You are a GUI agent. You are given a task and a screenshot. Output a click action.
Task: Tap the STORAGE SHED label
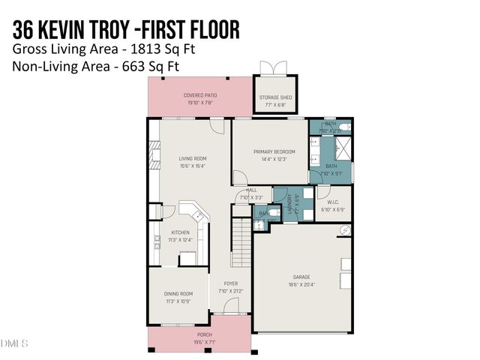(x=277, y=97)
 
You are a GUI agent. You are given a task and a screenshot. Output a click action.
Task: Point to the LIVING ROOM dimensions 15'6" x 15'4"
(x=192, y=166)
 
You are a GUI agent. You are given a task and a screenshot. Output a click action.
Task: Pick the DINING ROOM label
(x=178, y=293)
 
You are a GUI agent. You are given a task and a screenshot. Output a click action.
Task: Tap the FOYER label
(x=230, y=283)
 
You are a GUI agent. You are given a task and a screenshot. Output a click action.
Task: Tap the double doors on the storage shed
(x=277, y=67)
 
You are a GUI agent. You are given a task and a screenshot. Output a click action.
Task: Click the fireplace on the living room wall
(x=154, y=155)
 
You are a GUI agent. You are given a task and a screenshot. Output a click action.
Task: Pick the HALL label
(x=241, y=190)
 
